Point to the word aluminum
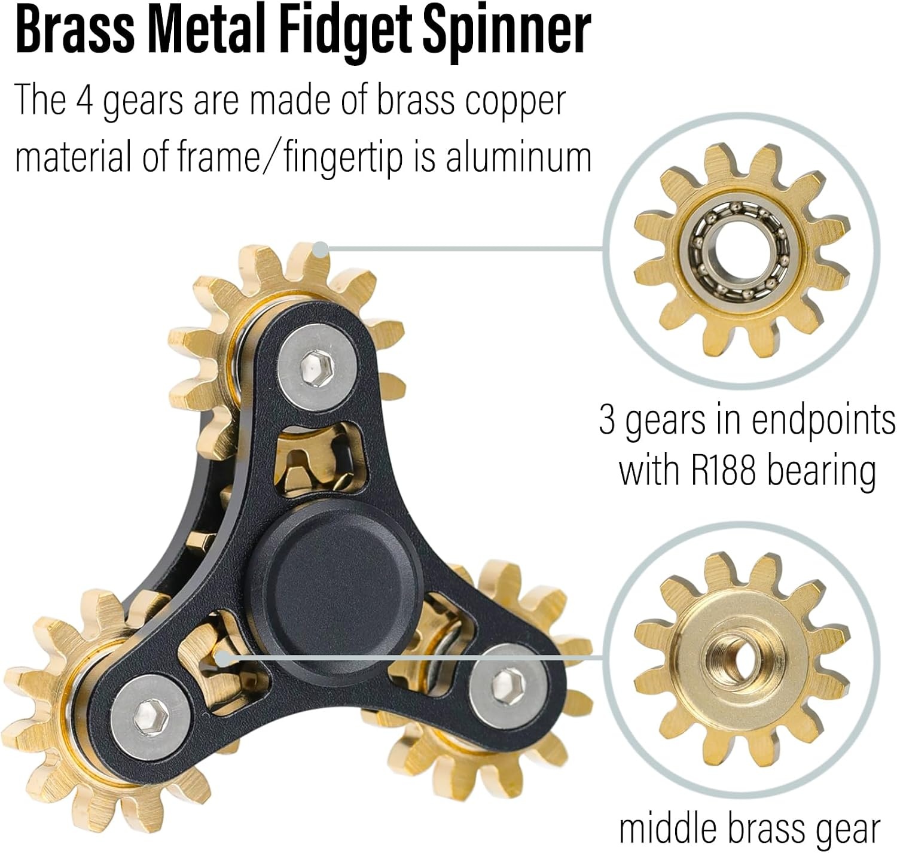[x=518, y=157]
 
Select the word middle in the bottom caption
[x=670, y=827]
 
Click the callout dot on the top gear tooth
[x=321, y=249]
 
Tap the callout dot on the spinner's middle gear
[x=222, y=658]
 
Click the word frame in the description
[x=218, y=157]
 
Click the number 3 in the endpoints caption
[x=607, y=421]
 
